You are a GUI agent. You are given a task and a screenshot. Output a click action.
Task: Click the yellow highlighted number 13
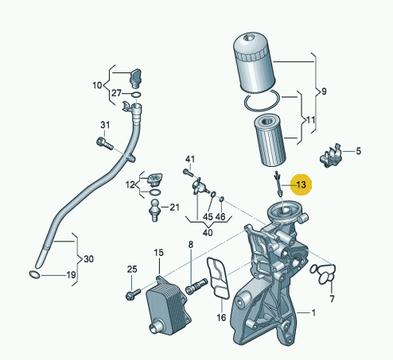pyautogui.click(x=302, y=184)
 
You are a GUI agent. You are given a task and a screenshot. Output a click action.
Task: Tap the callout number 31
pyautogui.click(x=105, y=125)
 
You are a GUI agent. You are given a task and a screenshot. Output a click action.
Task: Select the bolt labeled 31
pyautogui.click(x=105, y=143)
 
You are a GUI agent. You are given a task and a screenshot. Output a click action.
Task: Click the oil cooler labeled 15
pyautogui.click(x=168, y=305)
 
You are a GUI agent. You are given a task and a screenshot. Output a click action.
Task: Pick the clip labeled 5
pyautogui.click(x=330, y=156)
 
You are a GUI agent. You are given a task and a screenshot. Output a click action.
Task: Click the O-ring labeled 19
pyautogui.click(x=34, y=275)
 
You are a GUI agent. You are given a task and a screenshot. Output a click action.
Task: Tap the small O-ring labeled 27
pyautogui.click(x=136, y=95)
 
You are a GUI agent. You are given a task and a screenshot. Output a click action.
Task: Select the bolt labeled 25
pyautogui.click(x=134, y=294)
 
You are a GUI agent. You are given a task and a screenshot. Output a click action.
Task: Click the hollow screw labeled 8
pyautogui.click(x=196, y=286)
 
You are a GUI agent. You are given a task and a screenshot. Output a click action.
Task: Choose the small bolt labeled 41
pyautogui.click(x=188, y=172)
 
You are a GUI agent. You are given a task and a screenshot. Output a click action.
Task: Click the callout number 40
pyautogui.click(x=208, y=233)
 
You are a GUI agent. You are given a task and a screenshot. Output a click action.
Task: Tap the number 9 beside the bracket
pyautogui.click(x=324, y=91)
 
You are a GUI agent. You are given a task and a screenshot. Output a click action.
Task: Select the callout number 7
pyautogui.click(x=332, y=299)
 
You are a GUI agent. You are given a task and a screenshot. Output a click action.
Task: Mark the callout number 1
pyautogui.click(x=313, y=313)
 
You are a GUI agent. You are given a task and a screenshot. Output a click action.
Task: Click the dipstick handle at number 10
pyautogui.click(x=135, y=78)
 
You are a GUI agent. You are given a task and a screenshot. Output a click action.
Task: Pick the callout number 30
pyautogui.click(x=88, y=259)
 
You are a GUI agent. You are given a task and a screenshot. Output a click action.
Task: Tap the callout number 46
pyautogui.click(x=220, y=217)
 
